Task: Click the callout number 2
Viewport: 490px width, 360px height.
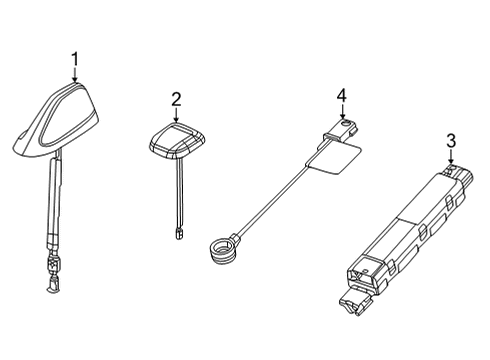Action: click(x=176, y=98)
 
